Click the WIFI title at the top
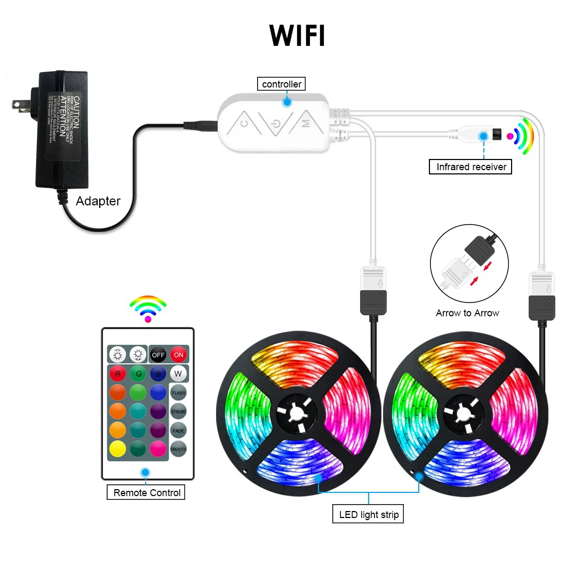pos(297,36)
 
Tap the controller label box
pos(281,84)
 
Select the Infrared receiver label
pos(471,167)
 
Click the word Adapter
pos(98,201)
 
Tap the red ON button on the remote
pos(178,354)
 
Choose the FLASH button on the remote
pos(178,393)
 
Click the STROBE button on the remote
pos(178,412)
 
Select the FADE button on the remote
pos(178,431)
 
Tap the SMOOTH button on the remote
pos(178,449)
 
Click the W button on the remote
pos(178,373)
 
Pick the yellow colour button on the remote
pos(118,448)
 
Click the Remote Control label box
pos(147,492)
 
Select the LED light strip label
pos(369,515)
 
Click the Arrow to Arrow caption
pos(467,313)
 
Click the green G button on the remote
pos(138,373)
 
